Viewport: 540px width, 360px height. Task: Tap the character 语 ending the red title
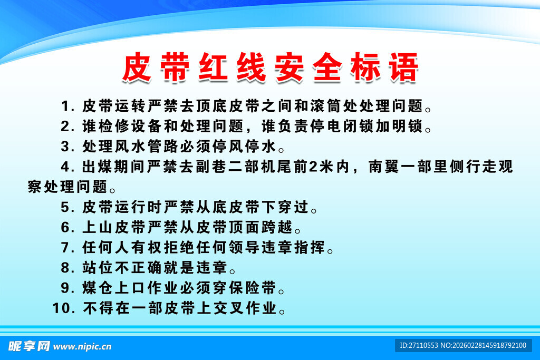click(403, 67)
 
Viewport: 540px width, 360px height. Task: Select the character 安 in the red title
click(289, 67)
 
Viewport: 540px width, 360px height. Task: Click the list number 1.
click(66, 106)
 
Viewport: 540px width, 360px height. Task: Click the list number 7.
click(66, 248)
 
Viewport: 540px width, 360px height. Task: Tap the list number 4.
click(66, 168)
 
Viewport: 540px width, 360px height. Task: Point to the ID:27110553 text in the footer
click(418, 346)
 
